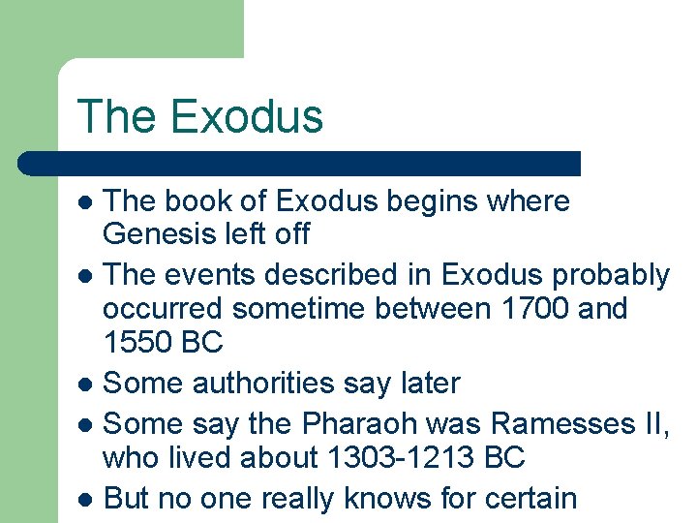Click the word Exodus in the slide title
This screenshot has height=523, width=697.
click(x=246, y=116)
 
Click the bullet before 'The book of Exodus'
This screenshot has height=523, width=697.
click(x=86, y=202)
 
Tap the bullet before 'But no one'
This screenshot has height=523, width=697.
click(x=86, y=500)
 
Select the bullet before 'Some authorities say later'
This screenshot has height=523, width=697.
click(x=86, y=385)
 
